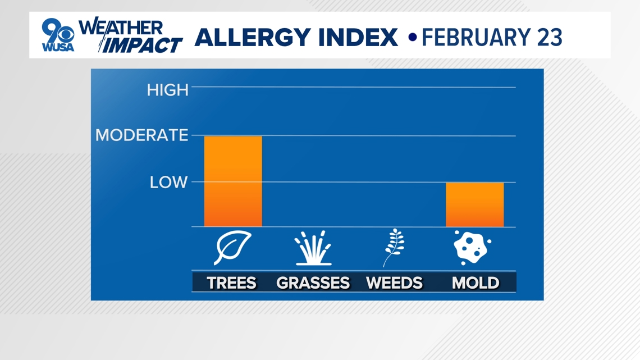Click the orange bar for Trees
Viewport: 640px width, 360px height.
tap(233, 181)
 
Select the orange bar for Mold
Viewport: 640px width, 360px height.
tap(475, 204)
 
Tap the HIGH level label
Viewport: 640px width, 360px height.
tap(168, 90)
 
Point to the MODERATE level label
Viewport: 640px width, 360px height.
tap(141, 135)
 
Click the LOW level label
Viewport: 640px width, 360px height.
tap(168, 182)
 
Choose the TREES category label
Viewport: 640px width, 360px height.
tap(231, 283)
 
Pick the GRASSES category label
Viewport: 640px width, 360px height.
tap(313, 283)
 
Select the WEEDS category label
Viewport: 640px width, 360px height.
tap(394, 283)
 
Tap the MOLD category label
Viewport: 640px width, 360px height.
tap(476, 283)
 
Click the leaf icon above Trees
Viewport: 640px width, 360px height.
tap(232, 247)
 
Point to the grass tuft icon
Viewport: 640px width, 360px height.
tap(313, 248)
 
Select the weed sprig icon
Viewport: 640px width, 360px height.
tap(394, 248)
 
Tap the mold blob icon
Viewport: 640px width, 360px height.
tap(472, 247)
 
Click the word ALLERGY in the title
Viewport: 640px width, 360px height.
tap(253, 38)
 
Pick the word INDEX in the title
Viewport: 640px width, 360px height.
tap(358, 37)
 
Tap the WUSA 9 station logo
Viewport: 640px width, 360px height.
tap(58, 35)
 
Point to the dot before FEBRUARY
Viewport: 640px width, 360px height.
tap(413, 38)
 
